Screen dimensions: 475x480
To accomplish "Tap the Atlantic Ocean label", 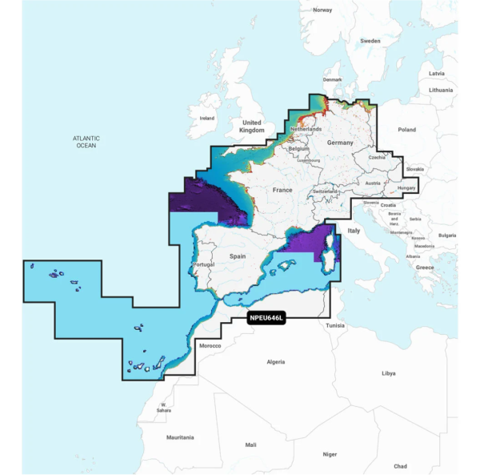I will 86,142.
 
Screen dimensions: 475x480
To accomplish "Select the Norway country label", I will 322,10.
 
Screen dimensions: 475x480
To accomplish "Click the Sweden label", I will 370,40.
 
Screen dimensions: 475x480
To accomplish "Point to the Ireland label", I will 207,118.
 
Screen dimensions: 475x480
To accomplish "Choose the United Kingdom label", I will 252,126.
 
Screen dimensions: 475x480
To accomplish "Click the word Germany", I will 339,142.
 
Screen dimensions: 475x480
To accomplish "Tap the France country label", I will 282,190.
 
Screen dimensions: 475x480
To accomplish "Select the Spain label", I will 238,256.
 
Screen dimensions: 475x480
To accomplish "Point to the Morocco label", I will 210,345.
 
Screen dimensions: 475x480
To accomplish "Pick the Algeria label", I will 275,362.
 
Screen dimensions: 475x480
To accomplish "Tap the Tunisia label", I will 335,326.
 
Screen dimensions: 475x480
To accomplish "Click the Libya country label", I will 388,373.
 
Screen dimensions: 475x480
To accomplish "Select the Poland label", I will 407,129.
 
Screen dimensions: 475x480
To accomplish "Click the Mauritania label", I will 180,437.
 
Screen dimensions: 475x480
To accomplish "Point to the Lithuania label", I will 440,91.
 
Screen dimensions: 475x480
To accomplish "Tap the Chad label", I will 400,466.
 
